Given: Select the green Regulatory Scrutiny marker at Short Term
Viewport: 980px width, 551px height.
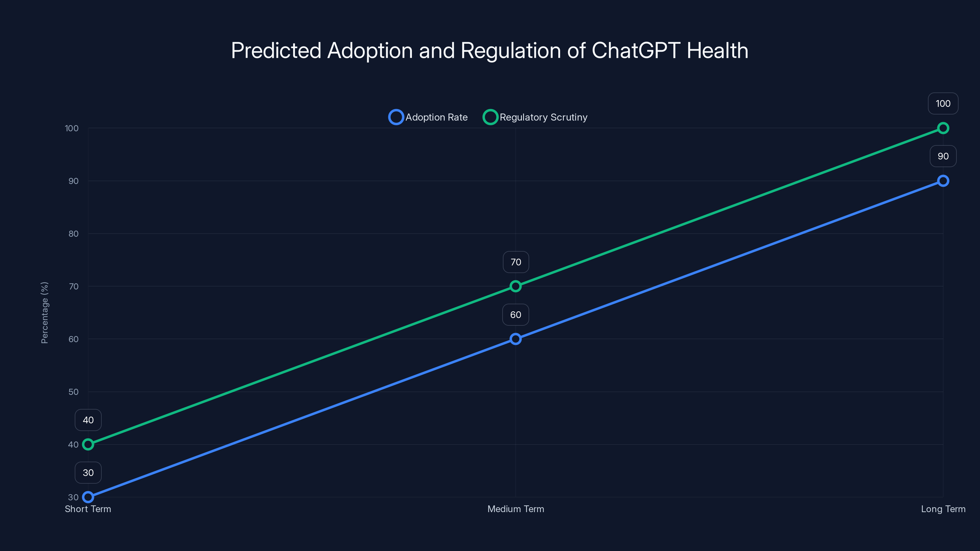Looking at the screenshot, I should [88, 444].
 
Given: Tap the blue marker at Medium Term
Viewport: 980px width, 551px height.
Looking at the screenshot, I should [515, 339].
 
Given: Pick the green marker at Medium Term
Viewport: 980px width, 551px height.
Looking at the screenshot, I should [515, 286].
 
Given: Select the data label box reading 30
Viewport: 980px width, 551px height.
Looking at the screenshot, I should [88, 473].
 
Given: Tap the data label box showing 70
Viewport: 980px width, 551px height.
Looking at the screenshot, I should [515, 262].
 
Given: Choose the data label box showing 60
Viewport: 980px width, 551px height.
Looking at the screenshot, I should [515, 315].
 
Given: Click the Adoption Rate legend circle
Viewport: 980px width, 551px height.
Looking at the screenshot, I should [396, 117].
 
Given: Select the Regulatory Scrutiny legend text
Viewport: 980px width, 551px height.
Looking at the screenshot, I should [543, 117].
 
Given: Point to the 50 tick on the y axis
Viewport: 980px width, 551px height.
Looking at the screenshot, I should [73, 392].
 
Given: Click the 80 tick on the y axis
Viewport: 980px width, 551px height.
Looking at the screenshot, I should [73, 234].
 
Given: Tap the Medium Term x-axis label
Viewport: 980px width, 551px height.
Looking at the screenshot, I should [515, 509].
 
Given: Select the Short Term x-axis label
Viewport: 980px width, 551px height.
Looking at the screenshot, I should [88, 509].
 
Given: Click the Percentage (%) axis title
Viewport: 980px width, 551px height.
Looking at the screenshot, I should [44, 313].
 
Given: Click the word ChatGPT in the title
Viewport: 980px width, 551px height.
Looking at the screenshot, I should [636, 51].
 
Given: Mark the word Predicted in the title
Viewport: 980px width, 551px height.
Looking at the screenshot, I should [276, 51].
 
